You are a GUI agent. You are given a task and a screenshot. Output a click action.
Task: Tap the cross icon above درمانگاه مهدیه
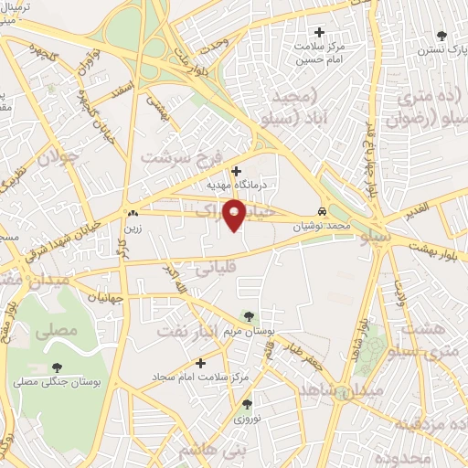236,171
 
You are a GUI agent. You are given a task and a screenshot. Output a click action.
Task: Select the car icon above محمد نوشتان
321,208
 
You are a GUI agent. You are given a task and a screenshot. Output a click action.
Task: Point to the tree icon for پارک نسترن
442,36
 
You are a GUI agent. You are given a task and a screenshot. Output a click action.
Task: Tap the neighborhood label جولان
59,157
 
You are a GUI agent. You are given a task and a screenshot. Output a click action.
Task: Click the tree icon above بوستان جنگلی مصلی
58,367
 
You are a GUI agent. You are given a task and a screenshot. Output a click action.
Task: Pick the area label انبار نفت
187,330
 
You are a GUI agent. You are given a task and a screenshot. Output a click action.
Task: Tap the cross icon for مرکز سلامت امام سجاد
201,363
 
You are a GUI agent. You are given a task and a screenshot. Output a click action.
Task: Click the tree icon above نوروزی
247,403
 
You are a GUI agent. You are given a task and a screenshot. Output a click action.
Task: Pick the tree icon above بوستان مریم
249,315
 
